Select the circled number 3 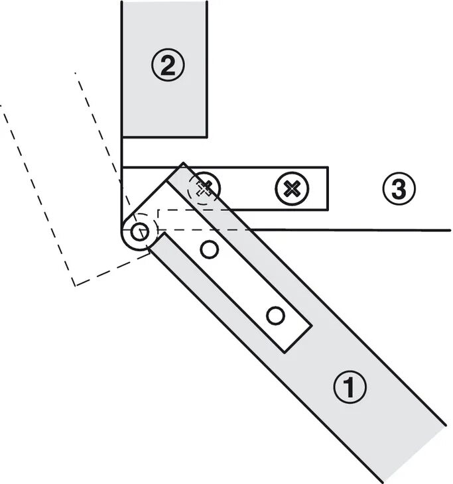pyautogui.click(x=398, y=190)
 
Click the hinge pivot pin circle pyautogui.click(x=139, y=232)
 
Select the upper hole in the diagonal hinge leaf pyautogui.click(x=210, y=250)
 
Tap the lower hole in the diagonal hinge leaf pyautogui.click(x=275, y=315)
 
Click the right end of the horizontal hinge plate pyautogui.click(x=326, y=189)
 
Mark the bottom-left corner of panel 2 pyautogui.click(x=123, y=137)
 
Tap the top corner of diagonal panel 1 pyautogui.click(x=184, y=163)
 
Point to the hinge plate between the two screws pyautogui.click(x=247, y=189)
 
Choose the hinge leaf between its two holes pyautogui.click(x=242, y=282)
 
